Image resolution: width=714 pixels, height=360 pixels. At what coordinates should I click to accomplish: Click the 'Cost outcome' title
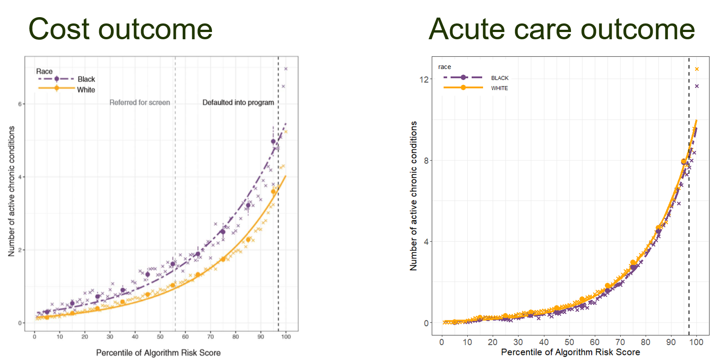point(120,29)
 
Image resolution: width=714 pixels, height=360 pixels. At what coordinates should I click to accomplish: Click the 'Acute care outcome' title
point(561,29)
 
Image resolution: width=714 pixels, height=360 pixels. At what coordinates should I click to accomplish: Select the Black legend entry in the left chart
point(86,79)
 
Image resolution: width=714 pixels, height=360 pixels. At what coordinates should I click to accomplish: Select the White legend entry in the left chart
point(86,90)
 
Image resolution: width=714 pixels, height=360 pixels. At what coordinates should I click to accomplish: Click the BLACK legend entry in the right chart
point(500,78)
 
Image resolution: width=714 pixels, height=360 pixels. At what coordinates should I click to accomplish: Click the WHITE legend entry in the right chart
point(499,88)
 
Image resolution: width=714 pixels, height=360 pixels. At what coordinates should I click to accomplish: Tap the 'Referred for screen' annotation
point(140,102)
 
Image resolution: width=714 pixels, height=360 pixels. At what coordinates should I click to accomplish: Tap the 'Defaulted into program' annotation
point(238,102)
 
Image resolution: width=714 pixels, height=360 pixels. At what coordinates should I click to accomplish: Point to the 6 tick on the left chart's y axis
point(20,104)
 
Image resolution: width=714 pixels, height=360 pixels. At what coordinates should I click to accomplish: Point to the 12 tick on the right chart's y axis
point(424,79)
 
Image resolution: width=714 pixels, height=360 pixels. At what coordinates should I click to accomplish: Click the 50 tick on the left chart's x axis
point(160,337)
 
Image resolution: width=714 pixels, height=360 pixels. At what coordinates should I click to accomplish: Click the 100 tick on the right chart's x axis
point(696,342)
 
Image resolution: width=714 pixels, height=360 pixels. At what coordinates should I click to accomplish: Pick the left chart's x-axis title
point(158,353)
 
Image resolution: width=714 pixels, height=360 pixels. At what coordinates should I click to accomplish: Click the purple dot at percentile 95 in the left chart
point(273,142)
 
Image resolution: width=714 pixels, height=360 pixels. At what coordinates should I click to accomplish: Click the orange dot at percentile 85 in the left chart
point(248,240)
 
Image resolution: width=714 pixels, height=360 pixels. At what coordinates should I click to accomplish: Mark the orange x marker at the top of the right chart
point(697,69)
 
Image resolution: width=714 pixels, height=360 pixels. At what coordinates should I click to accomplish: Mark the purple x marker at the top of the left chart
point(286,69)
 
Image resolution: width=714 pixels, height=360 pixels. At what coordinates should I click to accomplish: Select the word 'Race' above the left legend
point(44,71)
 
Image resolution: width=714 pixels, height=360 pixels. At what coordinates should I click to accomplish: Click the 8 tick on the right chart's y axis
point(426,161)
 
